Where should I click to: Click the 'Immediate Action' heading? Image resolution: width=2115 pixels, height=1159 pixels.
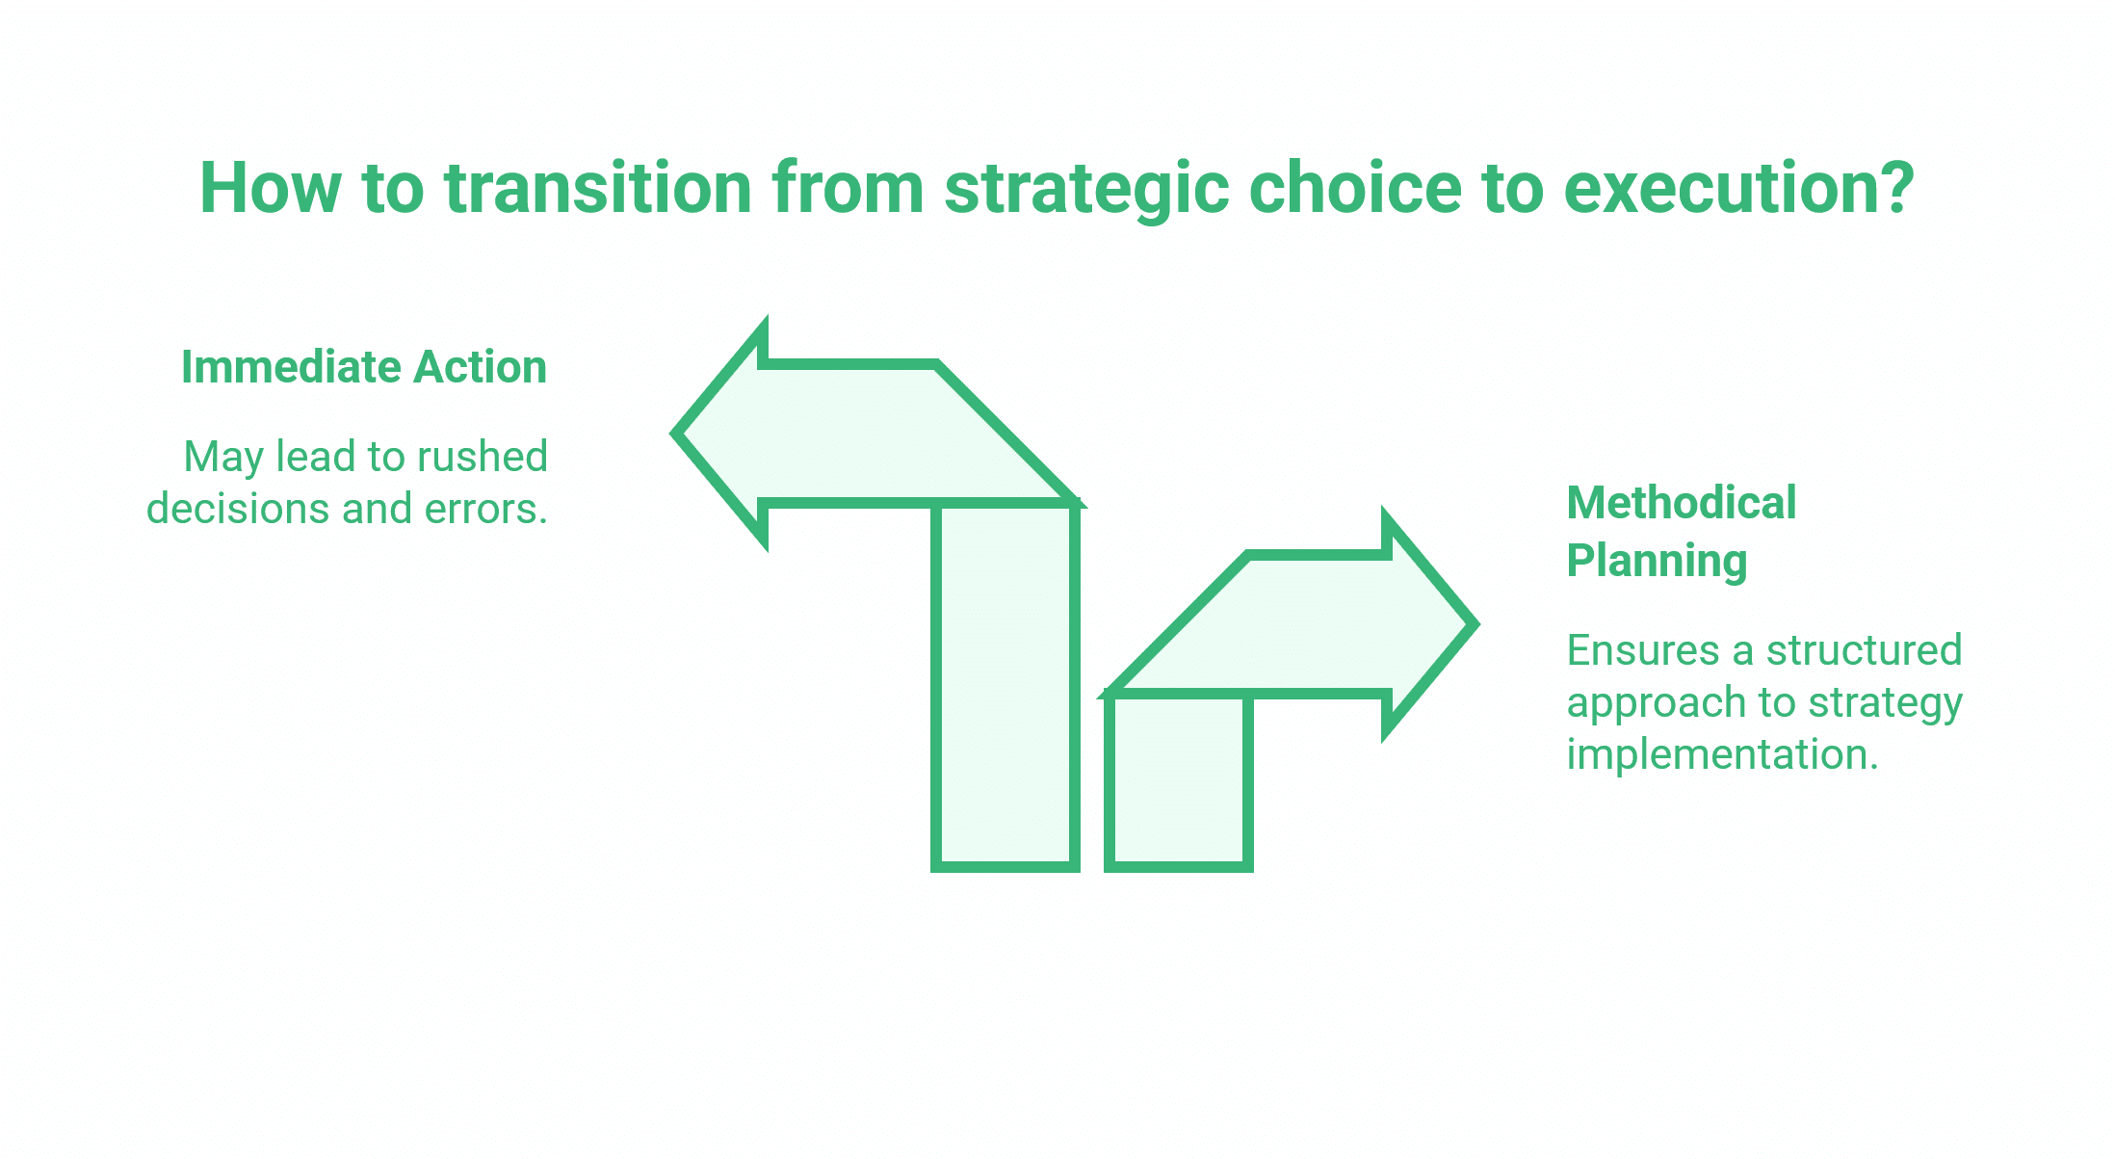tap(364, 367)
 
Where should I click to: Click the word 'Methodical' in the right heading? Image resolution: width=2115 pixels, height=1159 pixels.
tap(1682, 503)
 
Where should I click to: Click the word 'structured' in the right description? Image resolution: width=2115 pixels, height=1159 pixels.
tap(1864, 650)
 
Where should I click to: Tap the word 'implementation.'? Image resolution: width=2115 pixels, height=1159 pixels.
tap(1723, 754)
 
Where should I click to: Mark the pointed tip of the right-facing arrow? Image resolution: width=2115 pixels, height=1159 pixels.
tap(1474, 624)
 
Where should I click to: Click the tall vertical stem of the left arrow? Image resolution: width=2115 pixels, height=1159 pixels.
tap(1005, 686)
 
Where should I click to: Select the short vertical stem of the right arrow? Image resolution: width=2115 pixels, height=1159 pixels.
tap(1179, 780)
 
